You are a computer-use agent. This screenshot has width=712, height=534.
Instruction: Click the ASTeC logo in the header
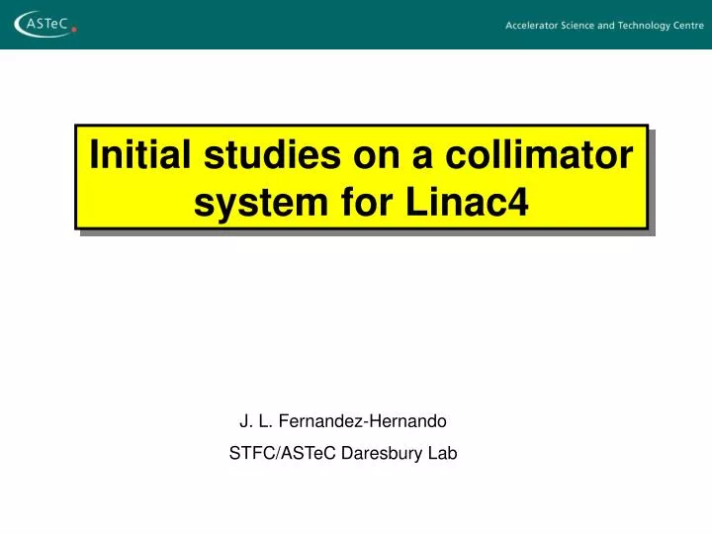pyautogui.click(x=43, y=24)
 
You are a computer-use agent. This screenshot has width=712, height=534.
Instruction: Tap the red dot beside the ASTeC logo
pyautogui.click(x=74, y=30)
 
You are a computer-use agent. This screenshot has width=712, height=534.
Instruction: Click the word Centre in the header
pyautogui.click(x=689, y=26)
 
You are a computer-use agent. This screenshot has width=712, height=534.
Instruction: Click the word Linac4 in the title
pyautogui.click(x=467, y=202)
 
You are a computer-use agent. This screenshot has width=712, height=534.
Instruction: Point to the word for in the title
pyautogui.click(x=370, y=202)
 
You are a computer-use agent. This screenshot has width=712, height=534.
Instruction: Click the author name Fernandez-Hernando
pyautogui.click(x=363, y=421)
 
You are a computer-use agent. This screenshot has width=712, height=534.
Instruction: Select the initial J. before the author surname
pyautogui.click(x=246, y=421)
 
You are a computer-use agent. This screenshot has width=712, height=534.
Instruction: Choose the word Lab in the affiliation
pyautogui.click(x=442, y=454)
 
